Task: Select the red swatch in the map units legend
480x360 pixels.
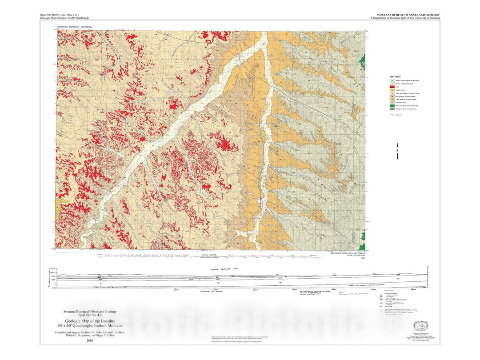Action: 392,87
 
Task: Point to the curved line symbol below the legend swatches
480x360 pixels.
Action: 392,114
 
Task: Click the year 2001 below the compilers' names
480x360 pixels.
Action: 90,341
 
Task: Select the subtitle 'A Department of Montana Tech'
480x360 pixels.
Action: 404,18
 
